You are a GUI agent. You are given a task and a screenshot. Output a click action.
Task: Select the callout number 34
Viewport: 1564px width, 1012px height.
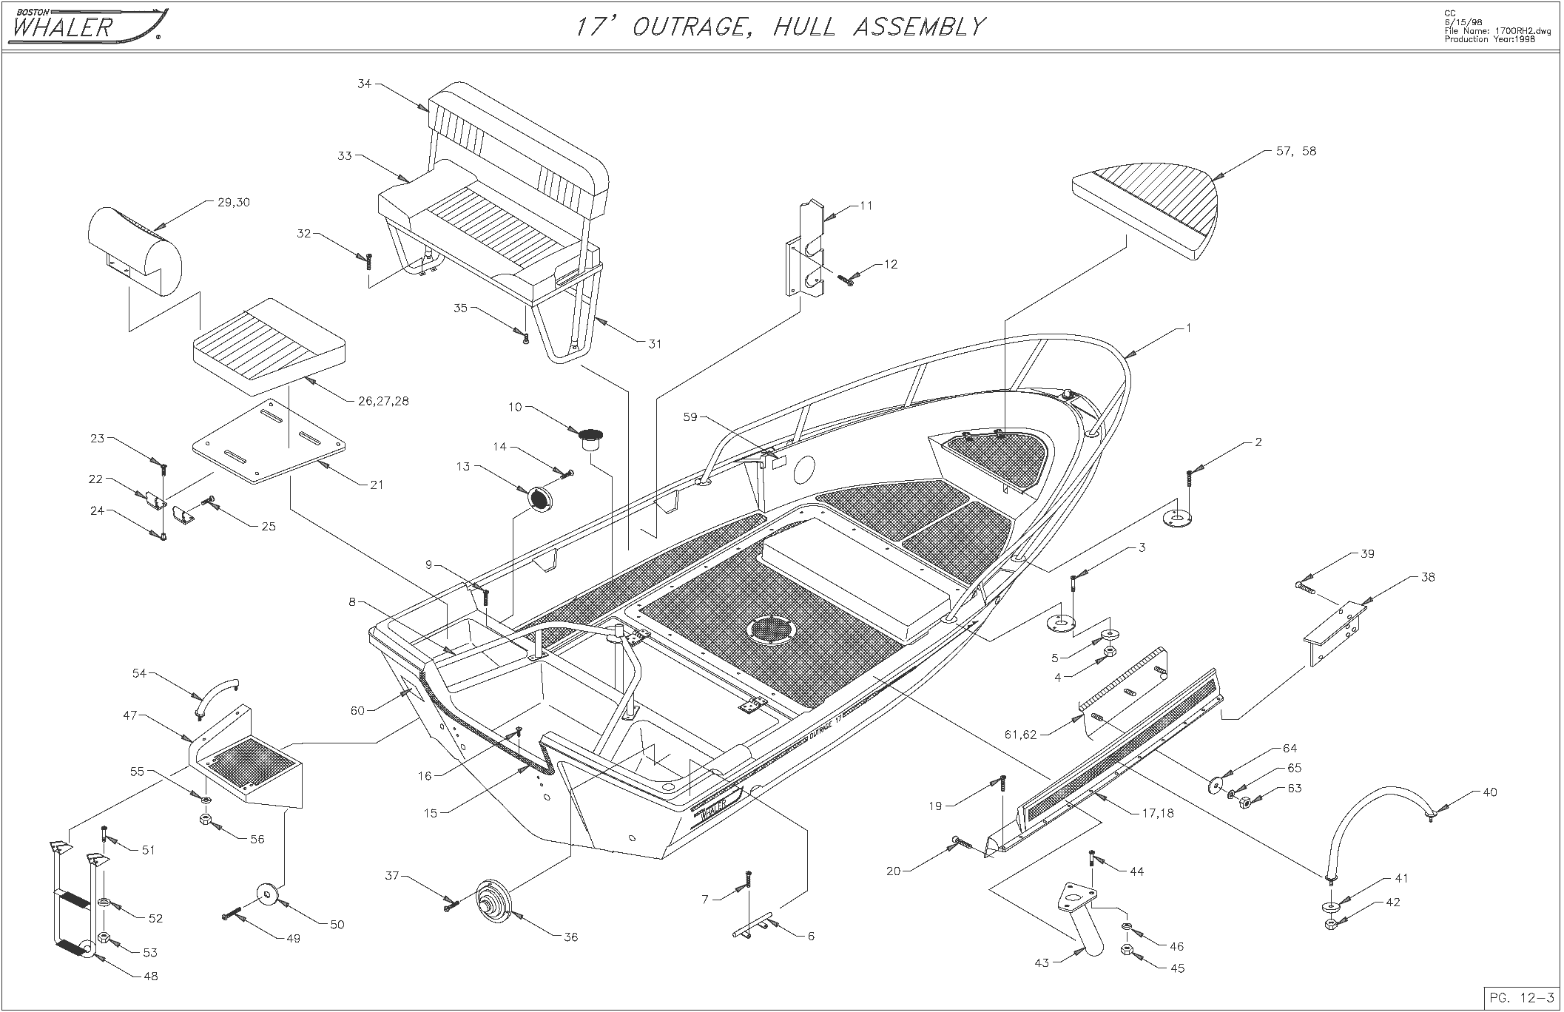click(x=364, y=84)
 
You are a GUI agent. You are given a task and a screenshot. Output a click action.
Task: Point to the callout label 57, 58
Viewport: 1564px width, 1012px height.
click(x=1296, y=152)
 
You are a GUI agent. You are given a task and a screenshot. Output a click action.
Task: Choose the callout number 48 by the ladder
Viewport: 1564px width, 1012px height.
click(x=150, y=976)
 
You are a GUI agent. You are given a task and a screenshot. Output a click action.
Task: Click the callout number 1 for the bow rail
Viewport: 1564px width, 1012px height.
click(x=1188, y=328)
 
